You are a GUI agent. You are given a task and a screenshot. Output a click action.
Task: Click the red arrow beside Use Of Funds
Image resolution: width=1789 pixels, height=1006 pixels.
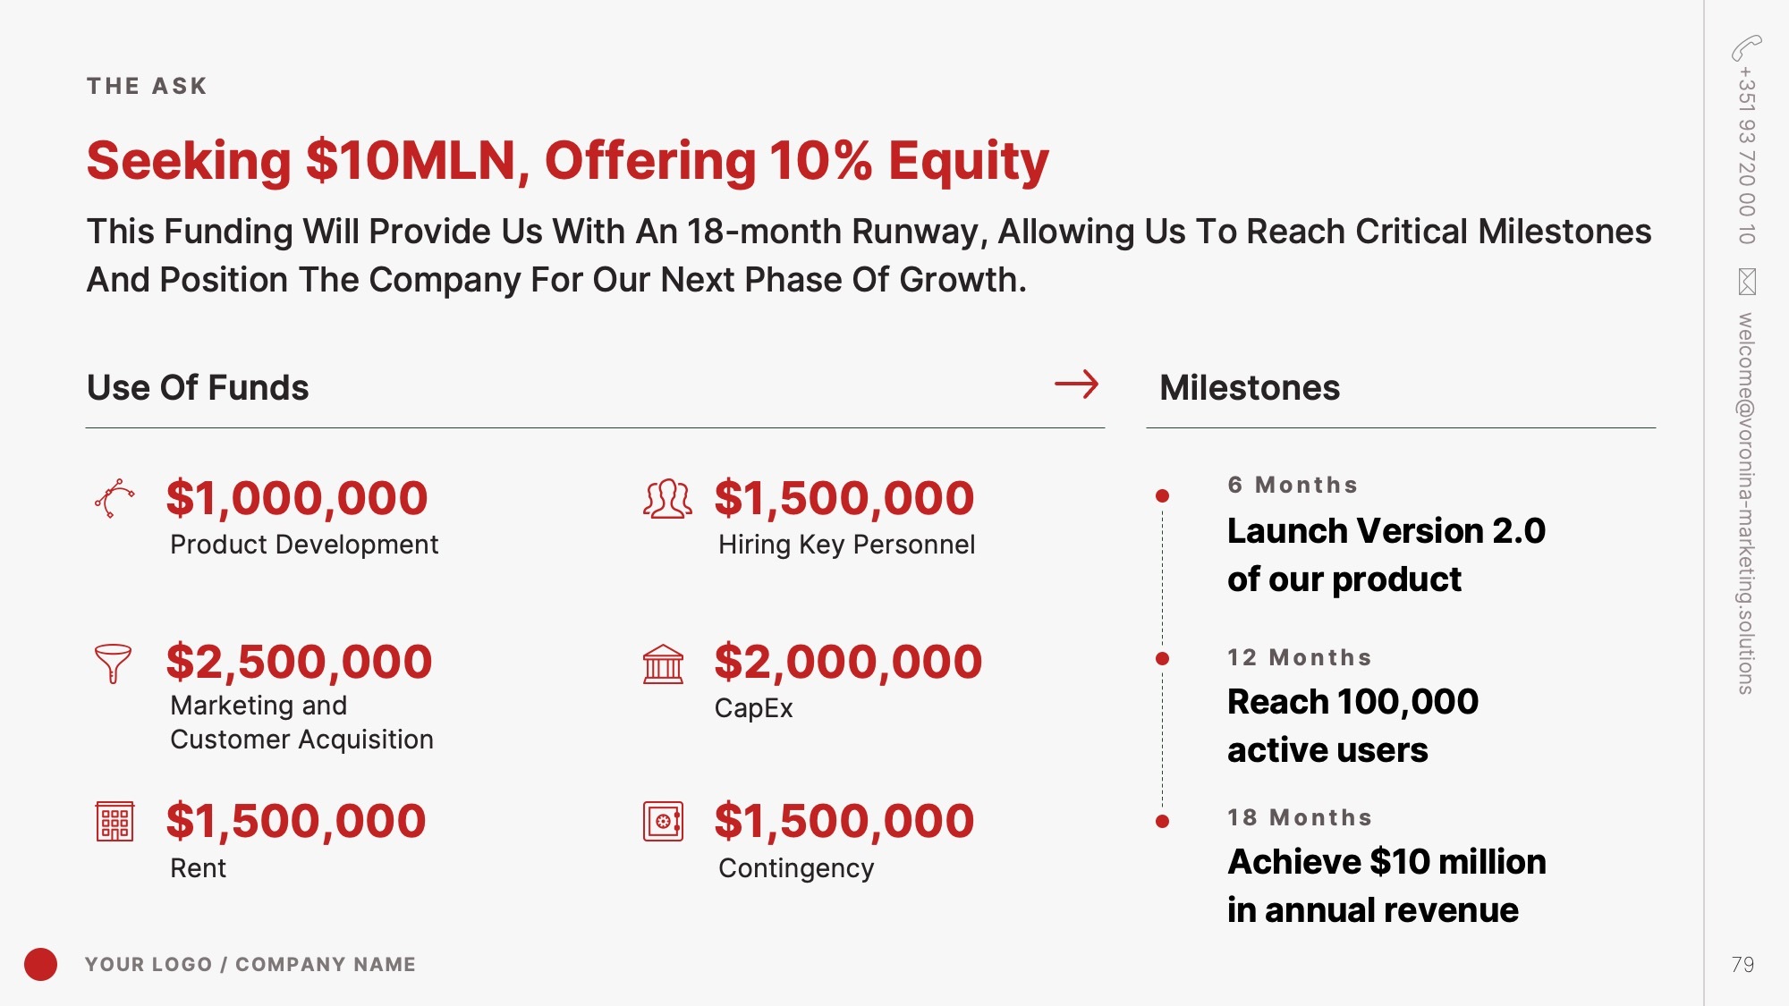click(x=1076, y=385)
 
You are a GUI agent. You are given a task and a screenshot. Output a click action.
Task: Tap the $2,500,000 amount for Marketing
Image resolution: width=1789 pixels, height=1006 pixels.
click(x=299, y=662)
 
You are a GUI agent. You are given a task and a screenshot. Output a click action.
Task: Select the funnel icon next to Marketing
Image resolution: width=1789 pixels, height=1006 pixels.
click(x=113, y=664)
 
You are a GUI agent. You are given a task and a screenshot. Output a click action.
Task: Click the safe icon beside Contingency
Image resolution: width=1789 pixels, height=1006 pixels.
click(x=663, y=821)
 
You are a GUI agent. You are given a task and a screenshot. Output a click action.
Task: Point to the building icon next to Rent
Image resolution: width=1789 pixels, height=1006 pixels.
click(x=114, y=821)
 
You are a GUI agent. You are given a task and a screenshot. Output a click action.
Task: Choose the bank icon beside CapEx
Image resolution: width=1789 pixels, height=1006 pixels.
click(x=663, y=664)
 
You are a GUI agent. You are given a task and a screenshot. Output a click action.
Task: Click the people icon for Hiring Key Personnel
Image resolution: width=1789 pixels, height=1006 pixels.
click(x=667, y=499)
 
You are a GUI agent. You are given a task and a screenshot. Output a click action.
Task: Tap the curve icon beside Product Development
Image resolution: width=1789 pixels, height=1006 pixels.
click(x=114, y=498)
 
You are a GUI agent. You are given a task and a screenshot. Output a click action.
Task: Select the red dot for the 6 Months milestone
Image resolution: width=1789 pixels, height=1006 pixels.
click(x=1162, y=495)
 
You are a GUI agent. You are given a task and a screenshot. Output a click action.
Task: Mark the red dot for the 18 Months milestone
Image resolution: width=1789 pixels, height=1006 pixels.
click(x=1162, y=821)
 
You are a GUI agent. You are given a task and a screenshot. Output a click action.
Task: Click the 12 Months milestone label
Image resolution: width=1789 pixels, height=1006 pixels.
click(x=1299, y=657)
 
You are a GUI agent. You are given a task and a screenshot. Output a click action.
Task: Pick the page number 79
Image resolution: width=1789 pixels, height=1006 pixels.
click(x=1742, y=964)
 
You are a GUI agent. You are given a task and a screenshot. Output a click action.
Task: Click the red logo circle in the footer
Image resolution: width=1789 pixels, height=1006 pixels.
click(x=40, y=964)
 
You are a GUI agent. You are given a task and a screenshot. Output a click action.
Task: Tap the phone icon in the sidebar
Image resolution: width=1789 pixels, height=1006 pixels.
click(x=1746, y=47)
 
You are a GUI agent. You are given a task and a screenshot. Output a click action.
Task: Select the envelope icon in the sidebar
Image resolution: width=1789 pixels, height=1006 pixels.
click(x=1747, y=282)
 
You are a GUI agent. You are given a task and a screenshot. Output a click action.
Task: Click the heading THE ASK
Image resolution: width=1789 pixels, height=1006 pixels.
click(x=147, y=86)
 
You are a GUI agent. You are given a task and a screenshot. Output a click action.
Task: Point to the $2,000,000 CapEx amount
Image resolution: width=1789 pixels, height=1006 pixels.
click(x=848, y=662)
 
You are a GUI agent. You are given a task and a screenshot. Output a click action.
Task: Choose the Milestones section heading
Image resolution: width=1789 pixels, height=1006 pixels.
click(x=1250, y=387)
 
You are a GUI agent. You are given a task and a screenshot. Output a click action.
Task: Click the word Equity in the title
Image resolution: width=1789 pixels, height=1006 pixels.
click(x=968, y=161)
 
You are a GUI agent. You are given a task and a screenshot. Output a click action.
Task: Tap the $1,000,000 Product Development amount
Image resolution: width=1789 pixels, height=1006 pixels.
click(x=297, y=498)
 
